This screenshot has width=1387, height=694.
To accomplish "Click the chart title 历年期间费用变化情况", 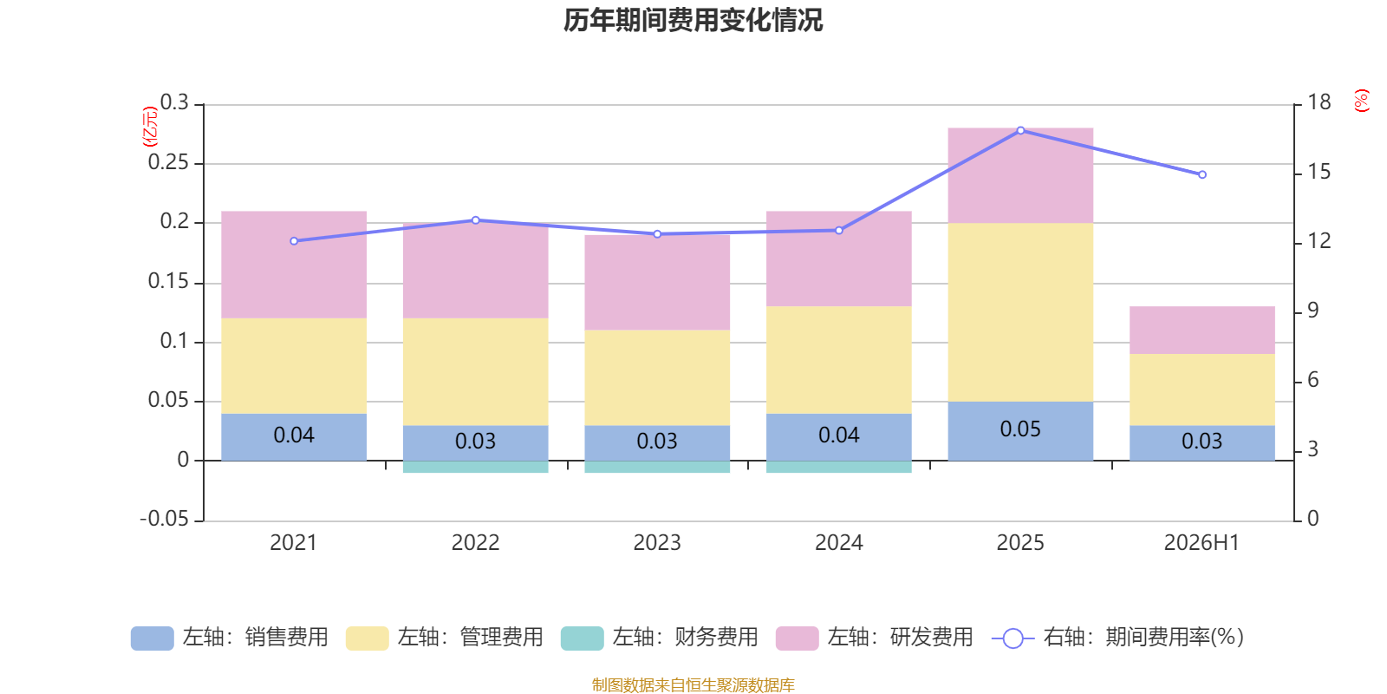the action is click(693, 21).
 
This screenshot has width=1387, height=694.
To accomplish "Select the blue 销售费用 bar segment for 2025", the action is click(1020, 431).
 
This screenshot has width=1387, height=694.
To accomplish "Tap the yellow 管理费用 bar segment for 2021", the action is click(294, 365).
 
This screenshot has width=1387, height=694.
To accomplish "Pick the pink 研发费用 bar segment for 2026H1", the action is click(1201, 331).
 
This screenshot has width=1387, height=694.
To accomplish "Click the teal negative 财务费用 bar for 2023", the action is click(657, 467).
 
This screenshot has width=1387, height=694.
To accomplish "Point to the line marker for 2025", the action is click(1020, 131).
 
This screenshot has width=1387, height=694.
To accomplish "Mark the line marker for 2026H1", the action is click(1201, 174).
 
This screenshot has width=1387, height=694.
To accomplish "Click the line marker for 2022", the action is click(476, 220).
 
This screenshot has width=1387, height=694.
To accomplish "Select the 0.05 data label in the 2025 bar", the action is click(1020, 429).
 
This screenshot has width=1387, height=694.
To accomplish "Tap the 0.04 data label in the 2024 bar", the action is click(839, 435).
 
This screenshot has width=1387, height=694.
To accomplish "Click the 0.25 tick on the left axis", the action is click(168, 162).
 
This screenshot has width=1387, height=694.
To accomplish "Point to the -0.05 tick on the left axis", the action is click(164, 519).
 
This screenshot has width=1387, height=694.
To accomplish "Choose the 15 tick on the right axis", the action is click(1319, 172).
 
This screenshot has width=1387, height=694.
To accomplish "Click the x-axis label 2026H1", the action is click(1201, 543).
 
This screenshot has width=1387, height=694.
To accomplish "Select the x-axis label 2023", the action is click(657, 543).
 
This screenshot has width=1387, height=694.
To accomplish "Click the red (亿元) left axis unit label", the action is click(150, 127).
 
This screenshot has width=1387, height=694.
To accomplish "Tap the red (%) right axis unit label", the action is click(1361, 101).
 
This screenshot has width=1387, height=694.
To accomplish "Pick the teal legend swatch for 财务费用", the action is click(582, 638).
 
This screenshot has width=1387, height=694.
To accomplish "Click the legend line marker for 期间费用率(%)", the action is click(1013, 638).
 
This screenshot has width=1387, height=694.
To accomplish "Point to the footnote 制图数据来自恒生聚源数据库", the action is click(693, 684).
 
